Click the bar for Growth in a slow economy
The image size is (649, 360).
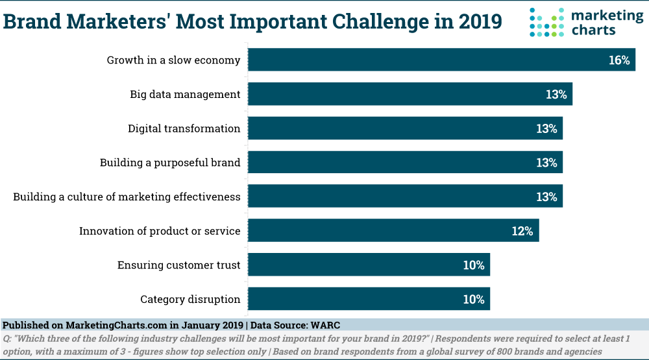[441, 60]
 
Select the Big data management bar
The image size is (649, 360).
[410, 94]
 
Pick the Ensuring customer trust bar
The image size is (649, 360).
[369, 265]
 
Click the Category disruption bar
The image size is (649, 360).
[369, 299]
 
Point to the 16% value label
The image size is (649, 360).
[619, 60]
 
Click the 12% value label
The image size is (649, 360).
[522, 231]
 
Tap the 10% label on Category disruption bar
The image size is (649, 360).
[474, 299]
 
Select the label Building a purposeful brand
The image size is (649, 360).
[170, 163]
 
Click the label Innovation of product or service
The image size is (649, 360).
[160, 231]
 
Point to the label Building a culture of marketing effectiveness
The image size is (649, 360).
[127, 197]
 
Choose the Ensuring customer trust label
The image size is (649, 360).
[178, 265]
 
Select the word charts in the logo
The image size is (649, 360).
[594, 30]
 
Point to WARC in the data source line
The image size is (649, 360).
[324, 324]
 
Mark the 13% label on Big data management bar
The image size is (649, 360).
[556, 95]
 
